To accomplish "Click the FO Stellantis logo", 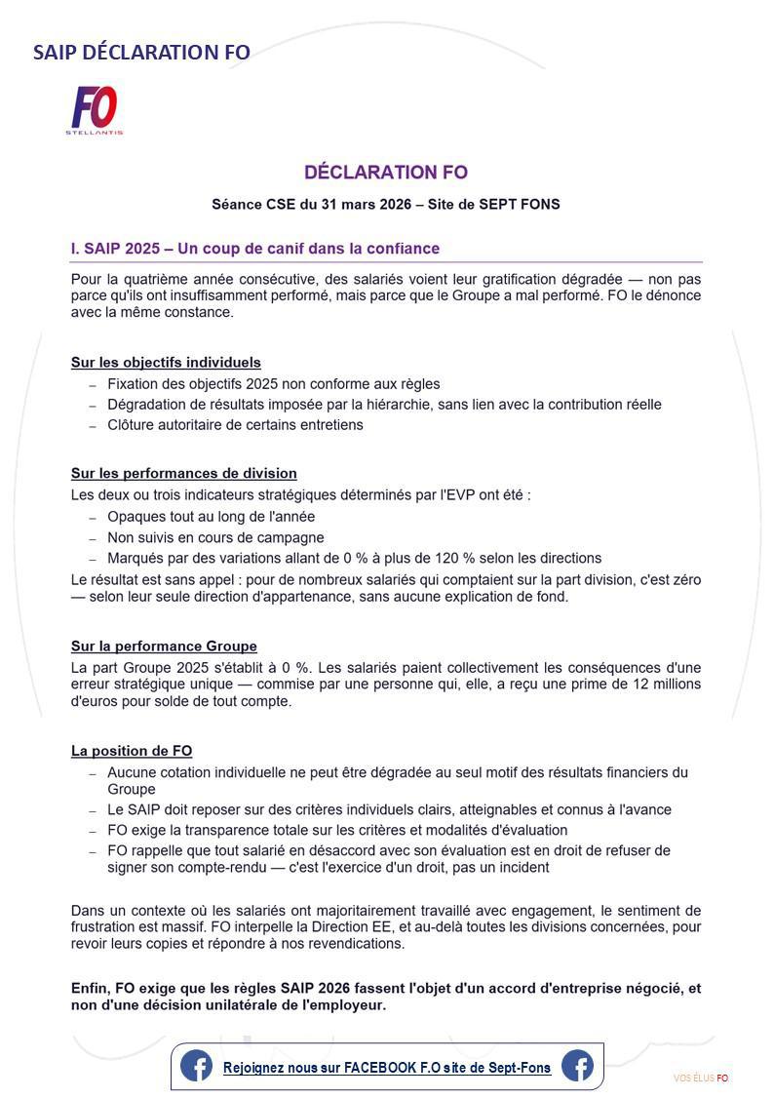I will (x=95, y=109).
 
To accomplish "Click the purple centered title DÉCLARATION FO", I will (x=386, y=173).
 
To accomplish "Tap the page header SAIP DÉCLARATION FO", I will (x=141, y=52).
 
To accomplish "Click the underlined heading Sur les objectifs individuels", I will (x=166, y=363).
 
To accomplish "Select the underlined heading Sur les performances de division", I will (x=183, y=474).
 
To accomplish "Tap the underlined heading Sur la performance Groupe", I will (x=164, y=647).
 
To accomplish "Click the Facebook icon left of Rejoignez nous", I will (x=196, y=1066).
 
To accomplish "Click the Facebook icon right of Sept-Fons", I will (x=577, y=1066).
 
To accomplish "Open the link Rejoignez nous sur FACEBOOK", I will (x=387, y=1068).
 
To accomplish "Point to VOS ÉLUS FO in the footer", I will (x=701, y=1078).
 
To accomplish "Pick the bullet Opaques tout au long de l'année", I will (x=211, y=517).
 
